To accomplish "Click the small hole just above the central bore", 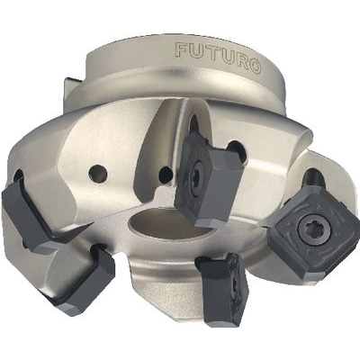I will tap(166, 174).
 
